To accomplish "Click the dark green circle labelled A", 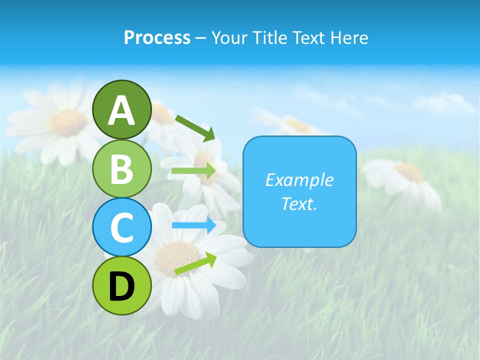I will point(121,109).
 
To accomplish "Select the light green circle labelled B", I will point(121,168).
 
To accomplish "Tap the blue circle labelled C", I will point(121,227).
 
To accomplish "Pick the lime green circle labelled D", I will point(121,285).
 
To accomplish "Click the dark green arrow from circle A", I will point(195,128).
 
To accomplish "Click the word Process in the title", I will point(157,37).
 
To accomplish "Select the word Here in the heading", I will point(350,37).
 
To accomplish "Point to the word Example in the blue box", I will point(299,180).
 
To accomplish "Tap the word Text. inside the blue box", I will point(299,203).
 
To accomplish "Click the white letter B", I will point(121,168).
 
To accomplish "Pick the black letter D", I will point(121,286).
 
